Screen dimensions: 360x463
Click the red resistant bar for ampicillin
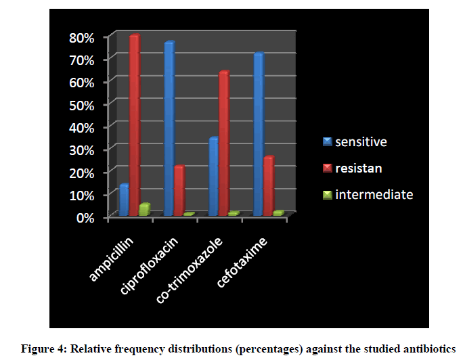(x=134, y=125)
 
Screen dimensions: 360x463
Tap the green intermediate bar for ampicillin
(x=144, y=210)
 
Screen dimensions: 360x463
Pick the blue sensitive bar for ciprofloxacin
(x=169, y=129)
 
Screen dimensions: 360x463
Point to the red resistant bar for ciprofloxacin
(x=179, y=190)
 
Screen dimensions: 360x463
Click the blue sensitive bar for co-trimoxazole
(x=213, y=176)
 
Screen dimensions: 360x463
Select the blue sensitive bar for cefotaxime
(x=258, y=134)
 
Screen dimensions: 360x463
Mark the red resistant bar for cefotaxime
(x=268, y=185)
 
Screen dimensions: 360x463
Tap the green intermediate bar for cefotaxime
(x=278, y=213)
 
